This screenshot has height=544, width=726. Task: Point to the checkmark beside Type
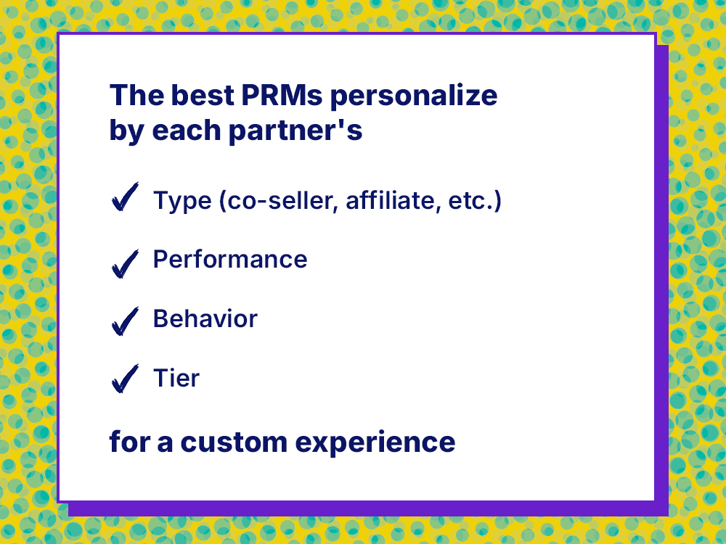pyautogui.click(x=125, y=197)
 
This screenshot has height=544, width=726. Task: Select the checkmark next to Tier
pyautogui.click(x=125, y=379)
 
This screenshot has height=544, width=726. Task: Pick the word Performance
pyautogui.click(x=230, y=260)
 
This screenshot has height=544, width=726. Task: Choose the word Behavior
pyautogui.click(x=205, y=318)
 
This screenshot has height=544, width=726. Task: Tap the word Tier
pyautogui.click(x=176, y=378)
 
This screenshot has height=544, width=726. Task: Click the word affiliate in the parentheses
pyautogui.click(x=392, y=201)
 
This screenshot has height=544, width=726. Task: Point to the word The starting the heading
pyautogui.click(x=136, y=96)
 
